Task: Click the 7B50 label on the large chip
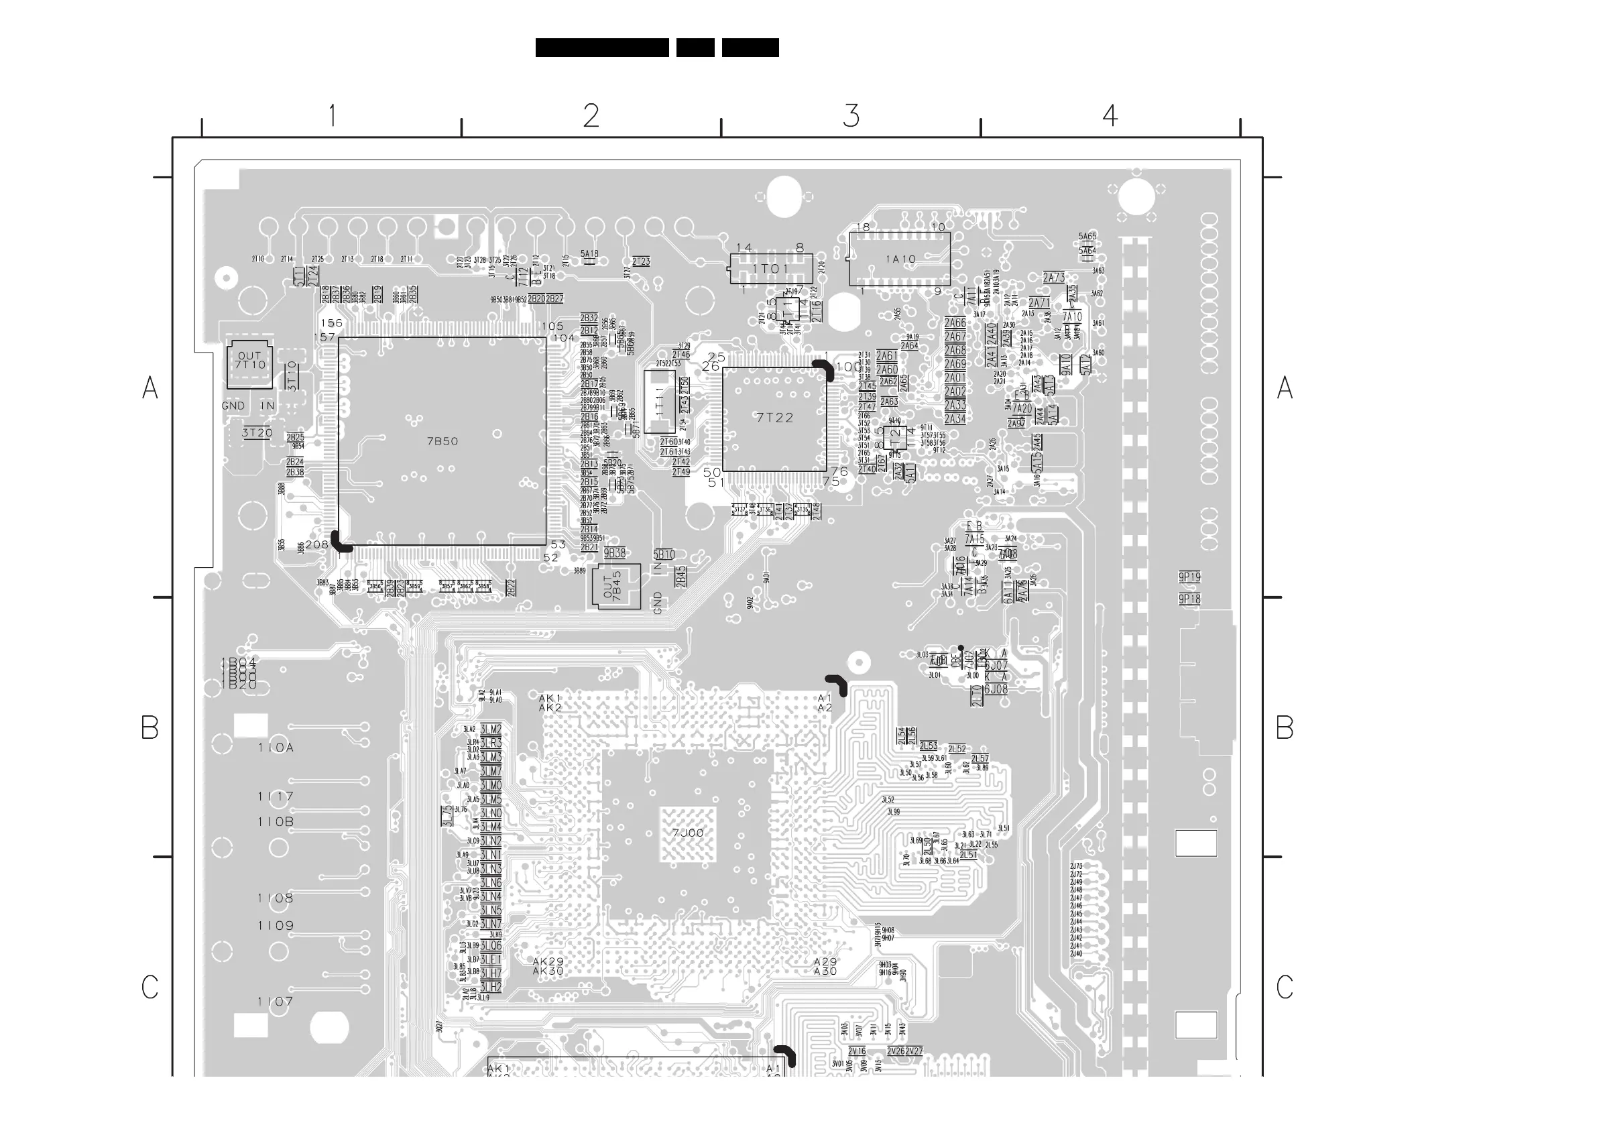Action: point(442,441)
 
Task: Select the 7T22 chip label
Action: point(775,418)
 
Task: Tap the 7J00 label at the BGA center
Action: point(688,833)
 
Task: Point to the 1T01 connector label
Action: point(771,269)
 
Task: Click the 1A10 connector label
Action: point(901,259)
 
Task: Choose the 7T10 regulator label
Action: point(249,365)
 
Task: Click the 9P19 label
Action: point(1189,577)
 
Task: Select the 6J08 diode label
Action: point(996,689)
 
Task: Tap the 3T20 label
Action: point(257,432)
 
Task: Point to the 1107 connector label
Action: point(276,1002)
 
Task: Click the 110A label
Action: point(276,748)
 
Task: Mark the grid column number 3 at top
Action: point(851,115)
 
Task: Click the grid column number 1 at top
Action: point(333,115)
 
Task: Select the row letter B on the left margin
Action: point(150,727)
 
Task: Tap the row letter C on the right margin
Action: point(1285,987)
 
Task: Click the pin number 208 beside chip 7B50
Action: point(317,544)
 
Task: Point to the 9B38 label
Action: point(614,553)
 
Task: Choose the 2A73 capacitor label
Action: point(1054,278)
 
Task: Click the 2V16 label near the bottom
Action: point(857,1051)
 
